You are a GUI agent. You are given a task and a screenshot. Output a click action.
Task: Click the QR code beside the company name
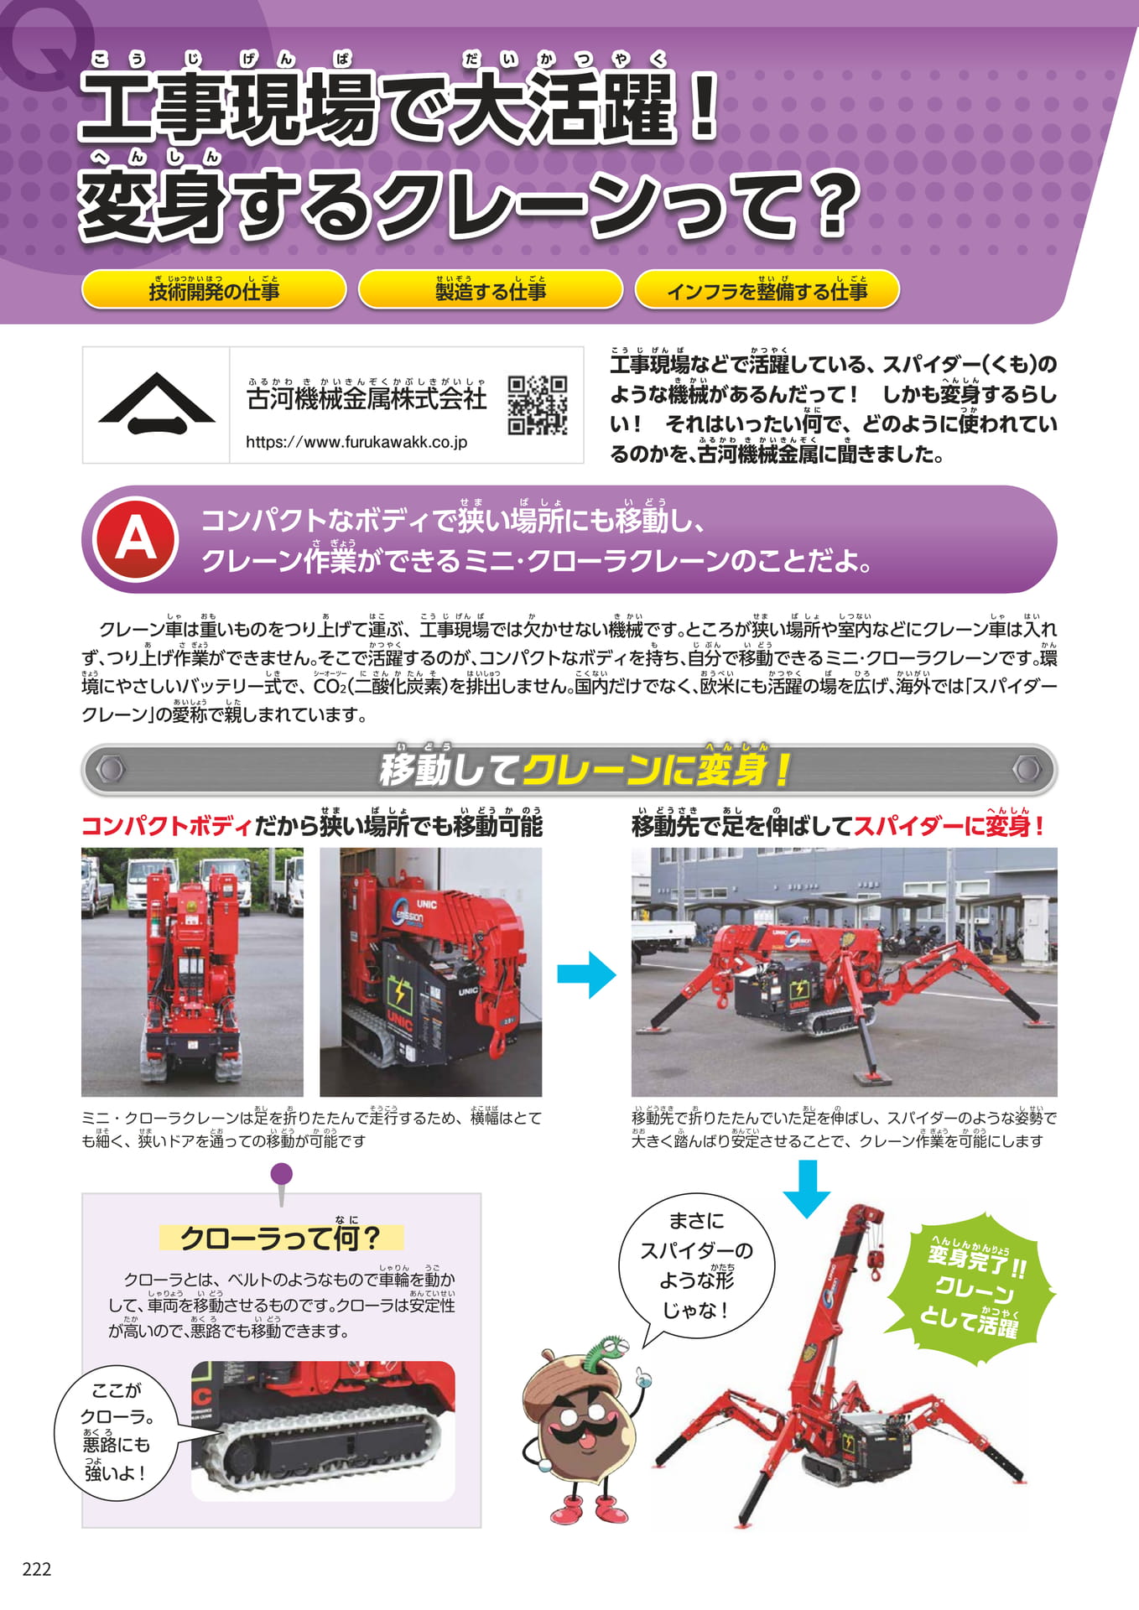click(538, 405)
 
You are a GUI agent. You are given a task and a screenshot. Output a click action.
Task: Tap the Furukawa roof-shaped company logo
click(157, 403)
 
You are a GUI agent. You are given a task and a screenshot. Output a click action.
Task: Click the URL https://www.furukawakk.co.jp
click(356, 442)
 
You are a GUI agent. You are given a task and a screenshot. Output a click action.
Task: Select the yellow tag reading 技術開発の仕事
click(214, 289)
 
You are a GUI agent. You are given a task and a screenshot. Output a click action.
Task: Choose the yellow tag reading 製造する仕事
click(491, 289)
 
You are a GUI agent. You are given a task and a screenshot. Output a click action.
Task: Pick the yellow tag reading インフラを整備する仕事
click(767, 289)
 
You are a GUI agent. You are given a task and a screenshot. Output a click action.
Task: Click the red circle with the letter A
click(136, 538)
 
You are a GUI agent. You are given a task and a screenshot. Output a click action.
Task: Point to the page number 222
click(37, 1569)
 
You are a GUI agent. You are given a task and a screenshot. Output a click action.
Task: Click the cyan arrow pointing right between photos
click(587, 974)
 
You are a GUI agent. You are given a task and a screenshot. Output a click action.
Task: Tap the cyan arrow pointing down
click(807, 1188)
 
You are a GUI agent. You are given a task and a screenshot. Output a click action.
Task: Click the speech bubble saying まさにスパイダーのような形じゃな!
click(695, 1266)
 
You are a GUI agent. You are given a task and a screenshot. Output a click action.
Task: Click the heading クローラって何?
click(280, 1238)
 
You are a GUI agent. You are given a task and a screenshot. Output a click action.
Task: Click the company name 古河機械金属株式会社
click(367, 397)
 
